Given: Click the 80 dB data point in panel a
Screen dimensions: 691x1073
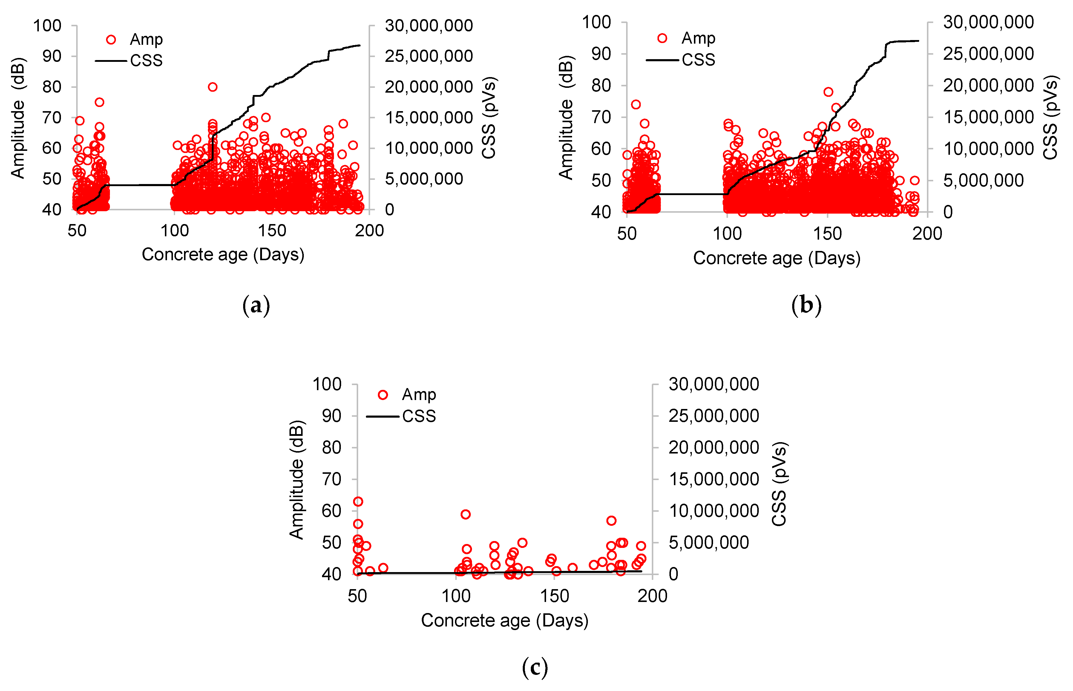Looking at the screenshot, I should [x=213, y=87].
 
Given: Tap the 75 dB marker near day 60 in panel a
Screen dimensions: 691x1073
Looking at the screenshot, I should [x=99, y=102].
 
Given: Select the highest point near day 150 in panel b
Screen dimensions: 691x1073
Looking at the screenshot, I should [x=828, y=92].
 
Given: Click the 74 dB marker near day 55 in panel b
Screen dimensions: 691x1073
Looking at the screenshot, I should [x=636, y=105].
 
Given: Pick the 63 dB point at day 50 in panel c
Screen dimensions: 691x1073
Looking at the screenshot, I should [x=358, y=502].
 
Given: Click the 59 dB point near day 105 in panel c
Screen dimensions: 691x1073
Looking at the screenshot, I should [x=466, y=514].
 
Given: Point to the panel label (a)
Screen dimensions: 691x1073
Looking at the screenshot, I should [x=256, y=306].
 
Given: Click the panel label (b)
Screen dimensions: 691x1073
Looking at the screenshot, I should [x=806, y=306].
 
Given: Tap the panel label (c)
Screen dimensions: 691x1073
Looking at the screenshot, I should [x=535, y=668].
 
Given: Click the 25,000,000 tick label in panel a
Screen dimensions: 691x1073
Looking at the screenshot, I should [x=428, y=56].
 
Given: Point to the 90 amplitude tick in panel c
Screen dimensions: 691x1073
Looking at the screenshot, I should [x=332, y=416].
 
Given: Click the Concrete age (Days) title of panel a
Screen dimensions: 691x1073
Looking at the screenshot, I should [x=223, y=255].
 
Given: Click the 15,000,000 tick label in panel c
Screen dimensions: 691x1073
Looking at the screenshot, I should [x=713, y=479].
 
